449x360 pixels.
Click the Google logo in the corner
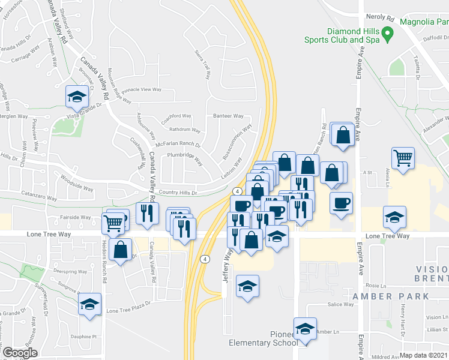click(20, 353)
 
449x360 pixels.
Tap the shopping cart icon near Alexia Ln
click(403, 159)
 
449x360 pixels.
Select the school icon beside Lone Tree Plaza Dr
click(89, 305)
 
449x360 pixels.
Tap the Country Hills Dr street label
click(178, 193)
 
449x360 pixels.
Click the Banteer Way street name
click(228, 116)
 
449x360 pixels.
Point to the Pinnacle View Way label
click(142, 89)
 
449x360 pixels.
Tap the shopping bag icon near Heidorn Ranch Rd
click(121, 250)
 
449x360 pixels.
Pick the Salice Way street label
click(340, 304)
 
